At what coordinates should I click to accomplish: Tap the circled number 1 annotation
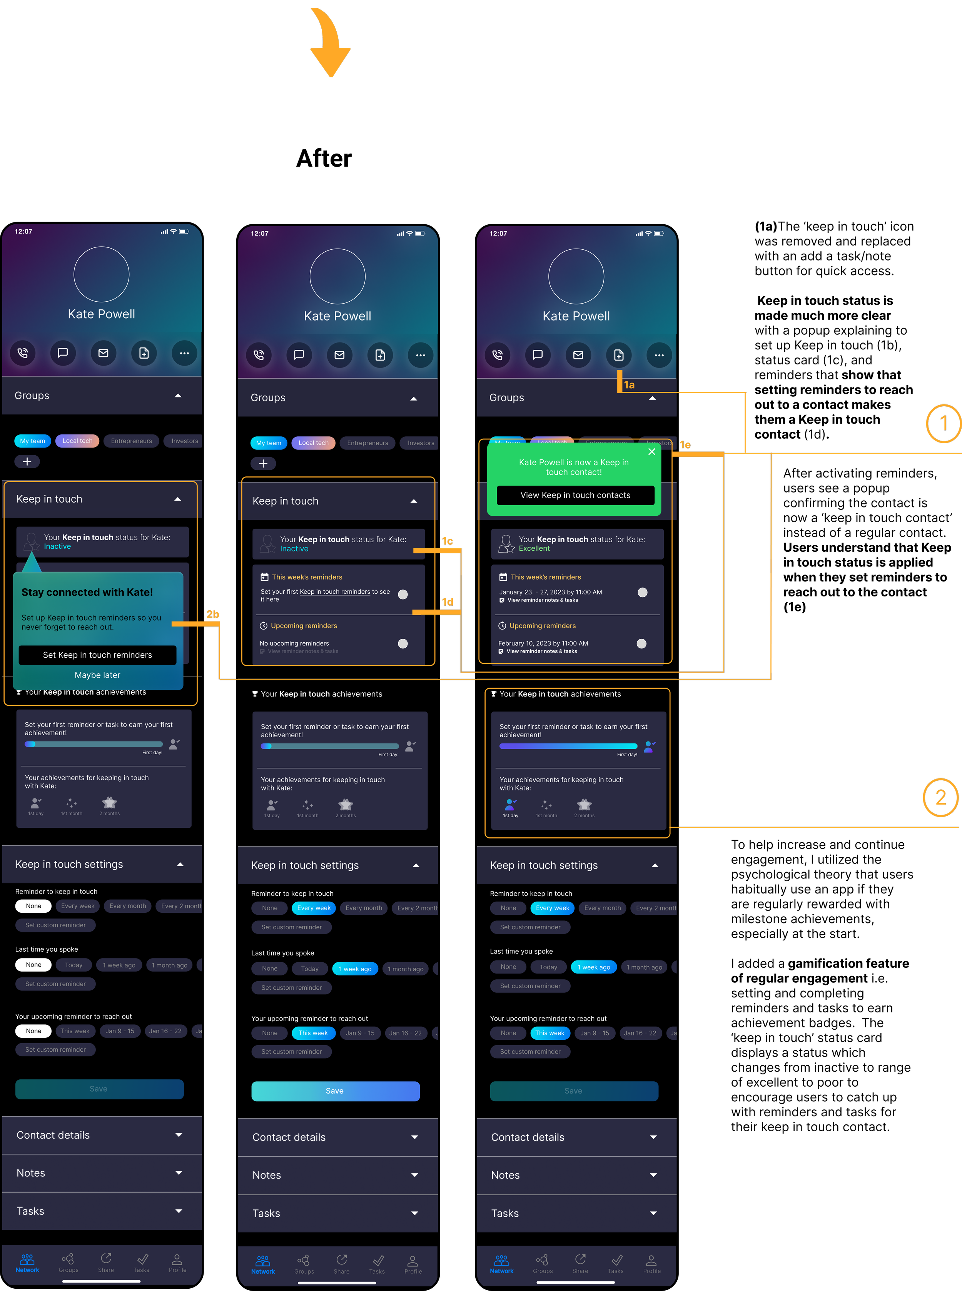point(943,423)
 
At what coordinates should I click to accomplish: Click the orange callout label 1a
point(629,385)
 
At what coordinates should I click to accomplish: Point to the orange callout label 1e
point(685,445)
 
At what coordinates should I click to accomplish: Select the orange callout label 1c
point(447,541)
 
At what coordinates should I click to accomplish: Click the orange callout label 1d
point(447,602)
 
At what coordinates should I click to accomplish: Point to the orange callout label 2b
point(212,615)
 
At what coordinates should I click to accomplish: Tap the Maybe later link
point(97,675)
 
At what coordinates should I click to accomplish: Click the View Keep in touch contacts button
point(575,495)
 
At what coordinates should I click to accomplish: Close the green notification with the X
point(651,451)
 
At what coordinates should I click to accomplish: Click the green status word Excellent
point(534,549)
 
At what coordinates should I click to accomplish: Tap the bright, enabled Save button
point(335,1091)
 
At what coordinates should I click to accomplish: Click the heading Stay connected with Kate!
point(87,592)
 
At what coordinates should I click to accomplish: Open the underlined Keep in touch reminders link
point(335,592)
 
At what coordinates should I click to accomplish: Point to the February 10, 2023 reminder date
point(543,643)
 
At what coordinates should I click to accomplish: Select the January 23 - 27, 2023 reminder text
point(550,592)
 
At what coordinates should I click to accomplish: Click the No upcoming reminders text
point(294,643)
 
